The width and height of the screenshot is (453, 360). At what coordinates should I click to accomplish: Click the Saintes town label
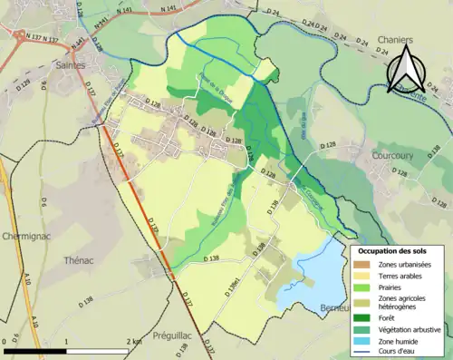(71, 66)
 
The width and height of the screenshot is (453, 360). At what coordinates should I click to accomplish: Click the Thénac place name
(80, 259)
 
